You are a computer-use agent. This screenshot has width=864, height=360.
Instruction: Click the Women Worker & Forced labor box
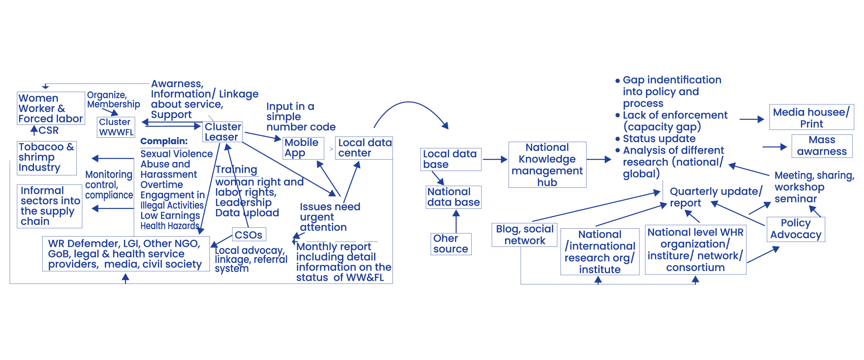click(x=51, y=108)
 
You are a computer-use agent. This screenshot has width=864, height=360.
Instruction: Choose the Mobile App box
click(x=303, y=148)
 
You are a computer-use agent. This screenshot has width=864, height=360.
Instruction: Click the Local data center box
click(x=364, y=148)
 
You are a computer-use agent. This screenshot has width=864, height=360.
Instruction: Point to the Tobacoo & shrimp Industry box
click(x=47, y=158)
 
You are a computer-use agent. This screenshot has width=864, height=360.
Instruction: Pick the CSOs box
click(x=249, y=234)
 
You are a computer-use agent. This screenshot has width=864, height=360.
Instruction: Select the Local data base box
click(x=450, y=159)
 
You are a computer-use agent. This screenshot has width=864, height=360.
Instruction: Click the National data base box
click(x=454, y=197)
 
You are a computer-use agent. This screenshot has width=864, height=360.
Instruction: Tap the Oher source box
click(x=451, y=244)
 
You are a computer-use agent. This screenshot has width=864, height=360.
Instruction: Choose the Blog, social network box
click(x=524, y=235)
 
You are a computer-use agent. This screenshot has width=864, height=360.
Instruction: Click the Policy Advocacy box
click(x=795, y=229)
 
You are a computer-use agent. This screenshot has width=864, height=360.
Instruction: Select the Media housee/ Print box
click(x=811, y=118)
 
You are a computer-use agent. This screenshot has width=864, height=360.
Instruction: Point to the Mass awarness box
click(x=821, y=146)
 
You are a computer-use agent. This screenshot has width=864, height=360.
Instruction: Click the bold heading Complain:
click(x=164, y=141)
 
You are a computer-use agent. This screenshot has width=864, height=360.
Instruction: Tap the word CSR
click(x=49, y=130)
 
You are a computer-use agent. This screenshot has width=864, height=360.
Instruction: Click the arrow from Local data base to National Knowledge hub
click(x=495, y=159)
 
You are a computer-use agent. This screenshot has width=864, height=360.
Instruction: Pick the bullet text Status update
click(x=659, y=139)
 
